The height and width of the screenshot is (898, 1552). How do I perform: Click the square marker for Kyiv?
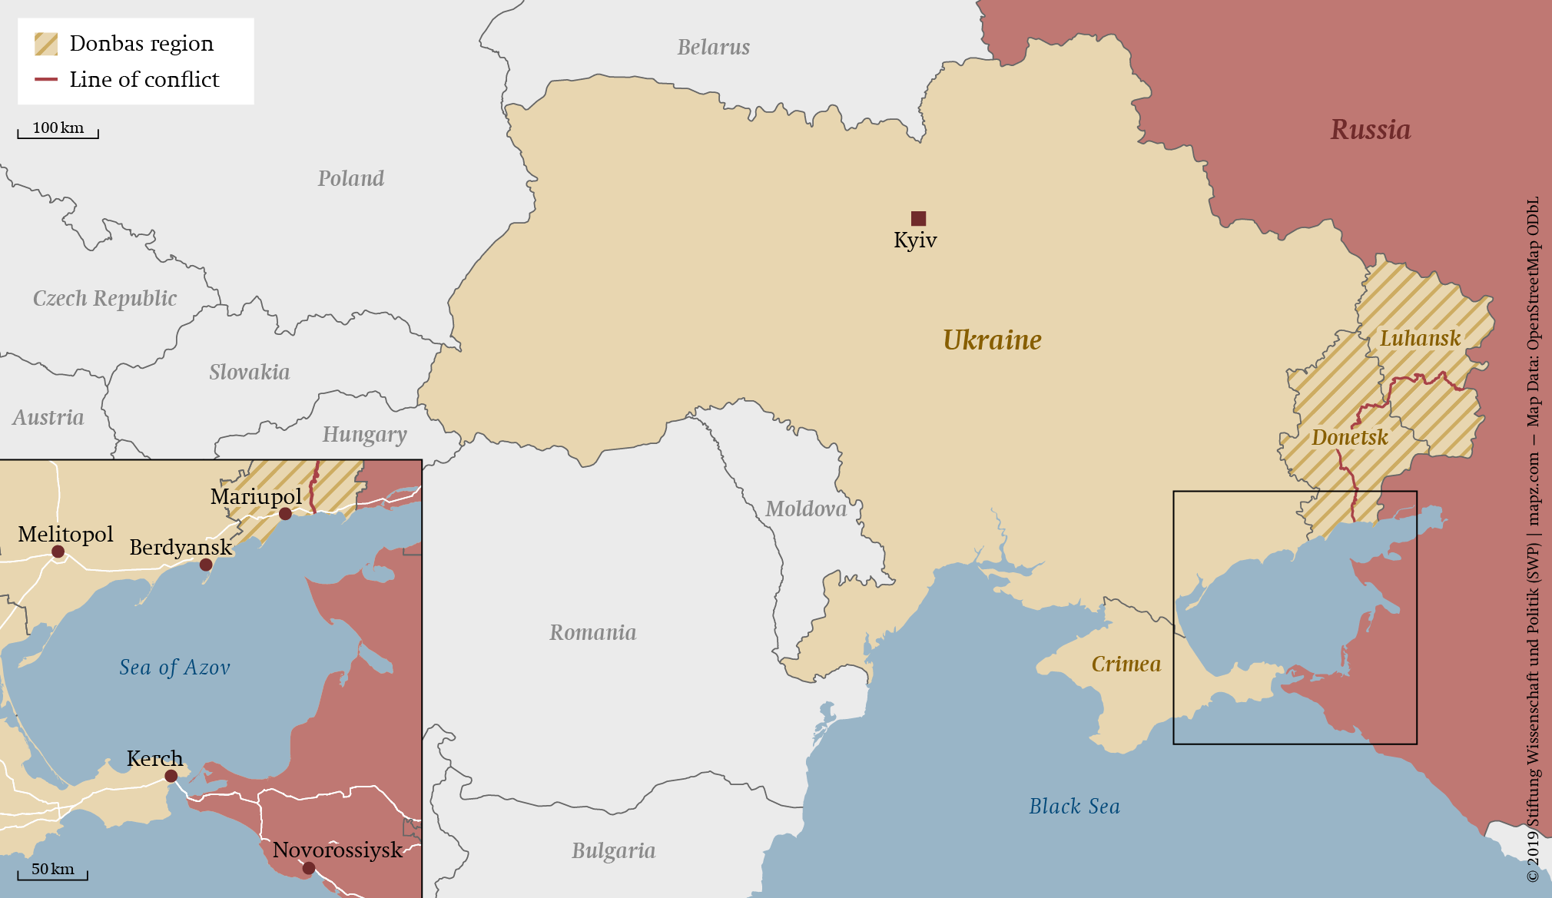pyautogui.click(x=918, y=218)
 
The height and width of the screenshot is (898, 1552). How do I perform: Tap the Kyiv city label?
pyautogui.click(x=915, y=240)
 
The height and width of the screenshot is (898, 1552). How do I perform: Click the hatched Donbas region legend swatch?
pyautogui.click(x=46, y=44)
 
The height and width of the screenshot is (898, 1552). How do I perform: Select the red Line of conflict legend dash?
pyautogui.click(x=46, y=79)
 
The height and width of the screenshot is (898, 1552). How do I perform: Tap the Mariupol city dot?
pyautogui.click(x=285, y=514)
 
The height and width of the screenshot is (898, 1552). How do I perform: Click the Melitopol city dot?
pyautogui.click(x=58, y=552)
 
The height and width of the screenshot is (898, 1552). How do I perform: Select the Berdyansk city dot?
pyautogui.click(x=206, y=565)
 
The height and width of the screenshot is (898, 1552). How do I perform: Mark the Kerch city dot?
pyautogui.click(x=171, y=776)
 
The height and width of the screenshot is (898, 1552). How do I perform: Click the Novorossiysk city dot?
pyautogui.click(x=308, y=868)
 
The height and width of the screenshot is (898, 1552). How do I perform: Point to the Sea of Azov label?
pyautogui.click(x=174, y=668)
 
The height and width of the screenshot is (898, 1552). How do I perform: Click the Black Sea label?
pyautogui.click(x=1074, y=807)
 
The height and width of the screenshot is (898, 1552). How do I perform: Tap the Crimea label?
pyautogui.click(x=1126, y=664)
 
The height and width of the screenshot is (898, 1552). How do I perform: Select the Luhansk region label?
pyautogui.click(x=1420, y=339)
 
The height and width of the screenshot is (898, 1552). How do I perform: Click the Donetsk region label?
pyautogui.click(x=1349, y=438)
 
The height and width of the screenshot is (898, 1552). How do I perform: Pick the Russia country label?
pyautogui.click(x=1371, y=130)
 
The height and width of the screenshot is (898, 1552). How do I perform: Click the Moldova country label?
pyautogui.click(x=806, y=509)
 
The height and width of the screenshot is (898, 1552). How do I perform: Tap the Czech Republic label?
pyautogui.click(x=104, y=298)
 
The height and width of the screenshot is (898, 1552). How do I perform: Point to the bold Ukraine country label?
pyautogui.click(x=992, y=340)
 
